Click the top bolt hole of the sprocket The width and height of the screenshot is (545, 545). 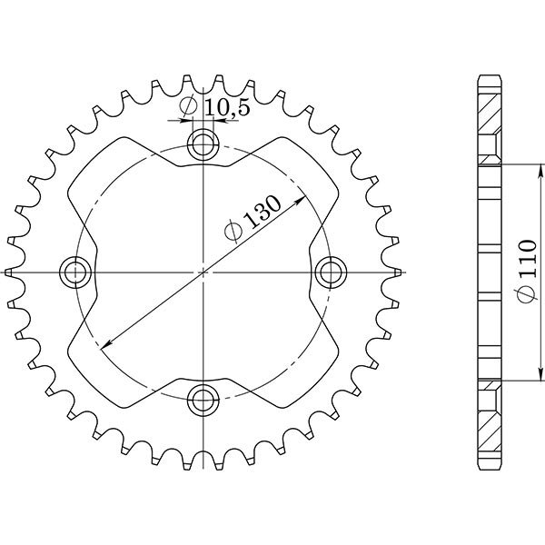(203, 143)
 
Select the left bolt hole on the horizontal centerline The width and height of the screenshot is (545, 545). (74, 271)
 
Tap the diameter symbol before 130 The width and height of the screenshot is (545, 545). (233, 233)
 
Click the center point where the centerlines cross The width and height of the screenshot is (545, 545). (203, 271)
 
